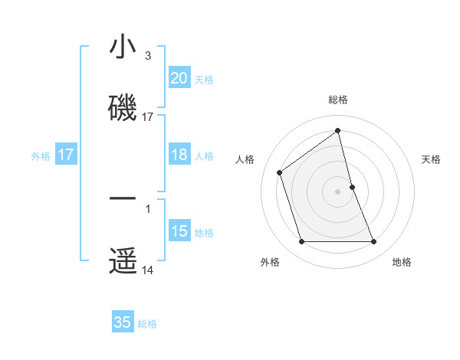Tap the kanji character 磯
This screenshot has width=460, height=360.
(123, 108)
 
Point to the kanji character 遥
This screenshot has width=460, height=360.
(123, 261)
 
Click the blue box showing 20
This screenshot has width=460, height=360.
(179, 77)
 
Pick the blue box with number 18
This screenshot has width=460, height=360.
(179, 155)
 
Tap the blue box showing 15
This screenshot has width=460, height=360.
(179, 231)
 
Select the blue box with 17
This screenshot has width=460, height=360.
(65, 155)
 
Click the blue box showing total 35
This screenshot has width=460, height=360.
(123, 322)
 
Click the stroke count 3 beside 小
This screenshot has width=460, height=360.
(148, 56)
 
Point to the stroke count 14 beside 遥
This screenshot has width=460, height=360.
(148, 270)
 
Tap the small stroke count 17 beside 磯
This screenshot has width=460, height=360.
(148, 117)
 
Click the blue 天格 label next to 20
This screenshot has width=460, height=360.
(203, 79)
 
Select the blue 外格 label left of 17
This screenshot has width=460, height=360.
(41, 156)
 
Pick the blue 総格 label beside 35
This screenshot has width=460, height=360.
(147, 324)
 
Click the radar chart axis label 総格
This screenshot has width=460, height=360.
(337, 100)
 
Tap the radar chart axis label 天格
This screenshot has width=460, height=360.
(431, 159)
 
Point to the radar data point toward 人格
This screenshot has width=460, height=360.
(280, 172)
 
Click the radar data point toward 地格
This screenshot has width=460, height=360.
(374, 242)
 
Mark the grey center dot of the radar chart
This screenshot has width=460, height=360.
(337, 191)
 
